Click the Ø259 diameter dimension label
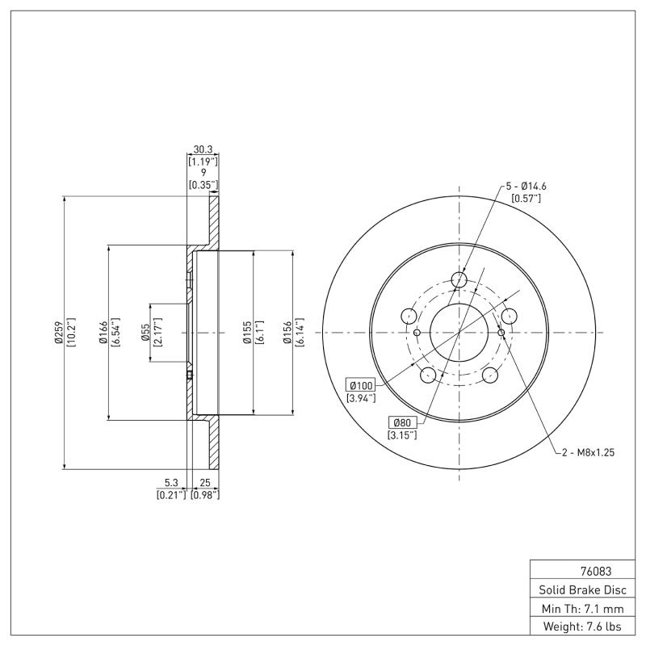59,332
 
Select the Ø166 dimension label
103,332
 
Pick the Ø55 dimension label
145,332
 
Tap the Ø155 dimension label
249,332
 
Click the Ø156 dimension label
287,332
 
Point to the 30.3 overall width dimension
203,149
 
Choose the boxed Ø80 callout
401,422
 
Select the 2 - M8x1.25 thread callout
588,453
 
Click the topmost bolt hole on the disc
459,279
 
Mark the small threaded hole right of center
501,332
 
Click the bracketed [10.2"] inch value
70,332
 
